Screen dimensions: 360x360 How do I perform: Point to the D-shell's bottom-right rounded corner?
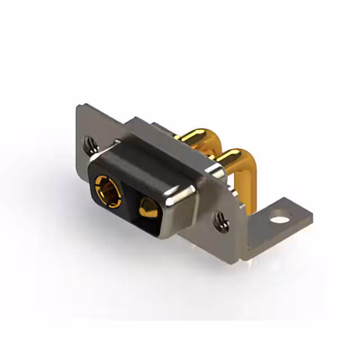(163, 233)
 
